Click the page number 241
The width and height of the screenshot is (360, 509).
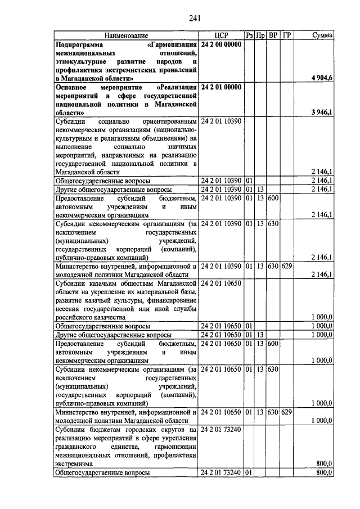tap(195, 17)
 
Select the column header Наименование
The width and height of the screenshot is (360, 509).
tap(127, 35)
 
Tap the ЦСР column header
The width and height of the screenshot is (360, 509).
tap(221, 35)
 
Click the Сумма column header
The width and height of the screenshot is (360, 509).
tap(322, 35)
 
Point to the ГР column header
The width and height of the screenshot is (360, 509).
tap(287, 35)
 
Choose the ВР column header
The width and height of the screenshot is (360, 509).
tap(273, 35)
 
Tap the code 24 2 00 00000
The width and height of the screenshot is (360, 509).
tap(221, 44)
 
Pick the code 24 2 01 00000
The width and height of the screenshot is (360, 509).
tap(221, 87)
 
